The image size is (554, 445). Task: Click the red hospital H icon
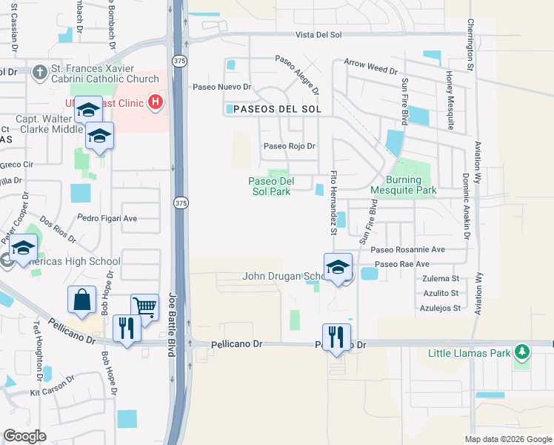(156, 102)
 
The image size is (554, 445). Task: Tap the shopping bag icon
(81, 300)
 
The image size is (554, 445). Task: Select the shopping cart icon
(144, 306)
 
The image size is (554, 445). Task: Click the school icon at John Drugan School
(337, 267)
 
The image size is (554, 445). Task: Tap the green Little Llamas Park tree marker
(522, 350)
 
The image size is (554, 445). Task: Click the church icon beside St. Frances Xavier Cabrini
(38, 72)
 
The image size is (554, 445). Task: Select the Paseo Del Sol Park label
(271, 186)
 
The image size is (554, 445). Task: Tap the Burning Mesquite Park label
(411, 185)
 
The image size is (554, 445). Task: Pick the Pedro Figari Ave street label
(108, 219)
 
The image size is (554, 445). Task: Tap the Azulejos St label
(440, 307)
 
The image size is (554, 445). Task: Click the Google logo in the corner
(24, 436)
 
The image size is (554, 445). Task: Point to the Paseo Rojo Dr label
(290, 146)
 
